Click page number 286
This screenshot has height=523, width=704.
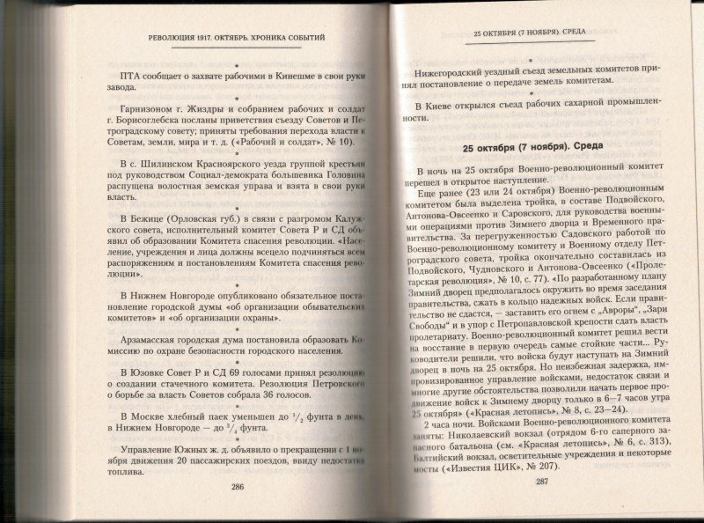tap(236, 486)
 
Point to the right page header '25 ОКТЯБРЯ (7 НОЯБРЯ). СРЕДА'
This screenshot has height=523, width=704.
tap(536, 36)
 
